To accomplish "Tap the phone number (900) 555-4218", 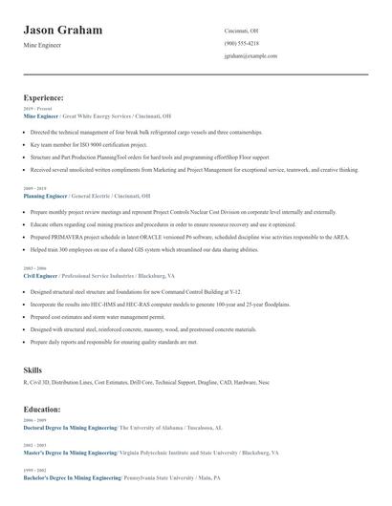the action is coord(242,43).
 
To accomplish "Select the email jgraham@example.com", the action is coord(250,56).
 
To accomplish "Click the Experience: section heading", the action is coord(44,97).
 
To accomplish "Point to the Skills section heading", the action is coord(33,368).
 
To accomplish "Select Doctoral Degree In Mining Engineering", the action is coord(70,428).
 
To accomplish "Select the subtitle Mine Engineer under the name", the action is coord(43,46).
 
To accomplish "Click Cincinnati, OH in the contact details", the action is coord(241,31).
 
